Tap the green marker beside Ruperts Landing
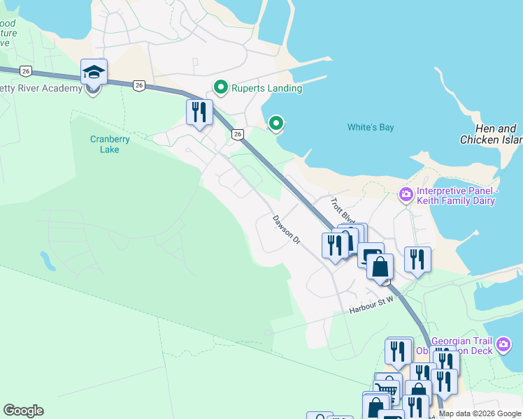221,88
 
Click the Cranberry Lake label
110,144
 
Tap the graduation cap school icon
94,72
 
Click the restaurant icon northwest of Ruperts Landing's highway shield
199,112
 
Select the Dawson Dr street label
286,230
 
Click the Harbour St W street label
372,304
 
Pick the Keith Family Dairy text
456,201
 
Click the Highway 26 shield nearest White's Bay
238,133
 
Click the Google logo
23,411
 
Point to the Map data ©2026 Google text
480,413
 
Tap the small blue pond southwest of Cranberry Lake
48,261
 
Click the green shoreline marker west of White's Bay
276,124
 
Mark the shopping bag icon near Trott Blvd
380,267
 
